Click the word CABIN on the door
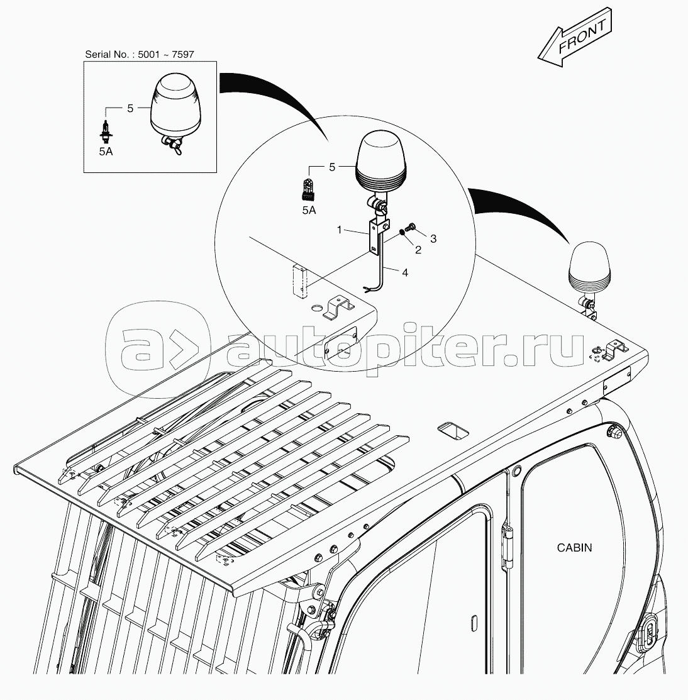point(574,547)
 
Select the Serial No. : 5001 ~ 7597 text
point(139,55)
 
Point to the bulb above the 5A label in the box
point(106,130)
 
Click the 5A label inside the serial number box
point(106,152)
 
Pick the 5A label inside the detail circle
point(309,210)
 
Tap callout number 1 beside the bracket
point(340,230)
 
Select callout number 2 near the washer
point(418,250)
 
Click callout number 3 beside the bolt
point(433,239)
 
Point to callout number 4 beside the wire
point(405,272)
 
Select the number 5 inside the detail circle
point(331,167)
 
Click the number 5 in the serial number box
point(130,108)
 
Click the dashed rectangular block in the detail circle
point(301,281)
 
